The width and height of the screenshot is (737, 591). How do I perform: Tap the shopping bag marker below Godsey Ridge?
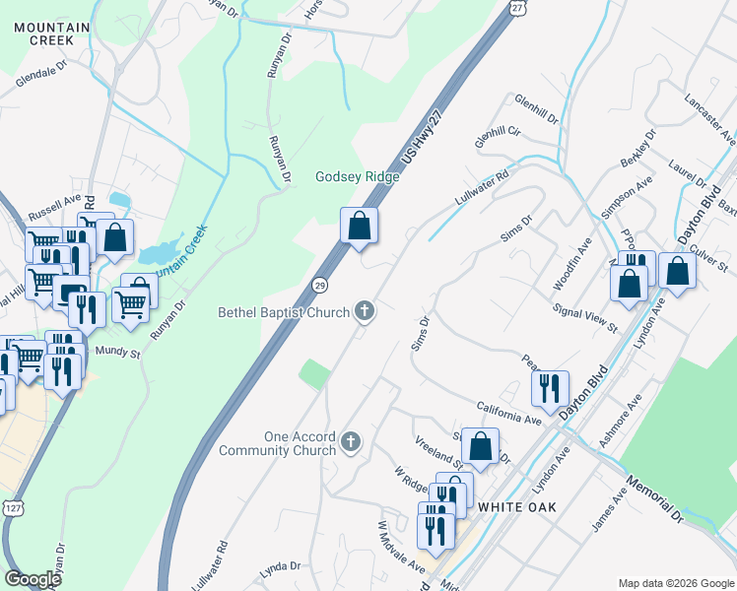360,226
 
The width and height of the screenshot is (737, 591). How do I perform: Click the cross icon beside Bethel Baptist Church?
365,312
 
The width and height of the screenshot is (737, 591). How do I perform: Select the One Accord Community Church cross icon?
352,443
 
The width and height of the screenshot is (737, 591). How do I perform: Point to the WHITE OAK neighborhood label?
517,507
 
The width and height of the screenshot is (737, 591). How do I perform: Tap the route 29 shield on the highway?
320,285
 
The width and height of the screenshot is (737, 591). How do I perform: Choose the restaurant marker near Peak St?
550,387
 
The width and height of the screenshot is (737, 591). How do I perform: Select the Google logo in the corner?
33,579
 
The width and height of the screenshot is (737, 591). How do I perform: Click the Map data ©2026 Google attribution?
676,583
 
